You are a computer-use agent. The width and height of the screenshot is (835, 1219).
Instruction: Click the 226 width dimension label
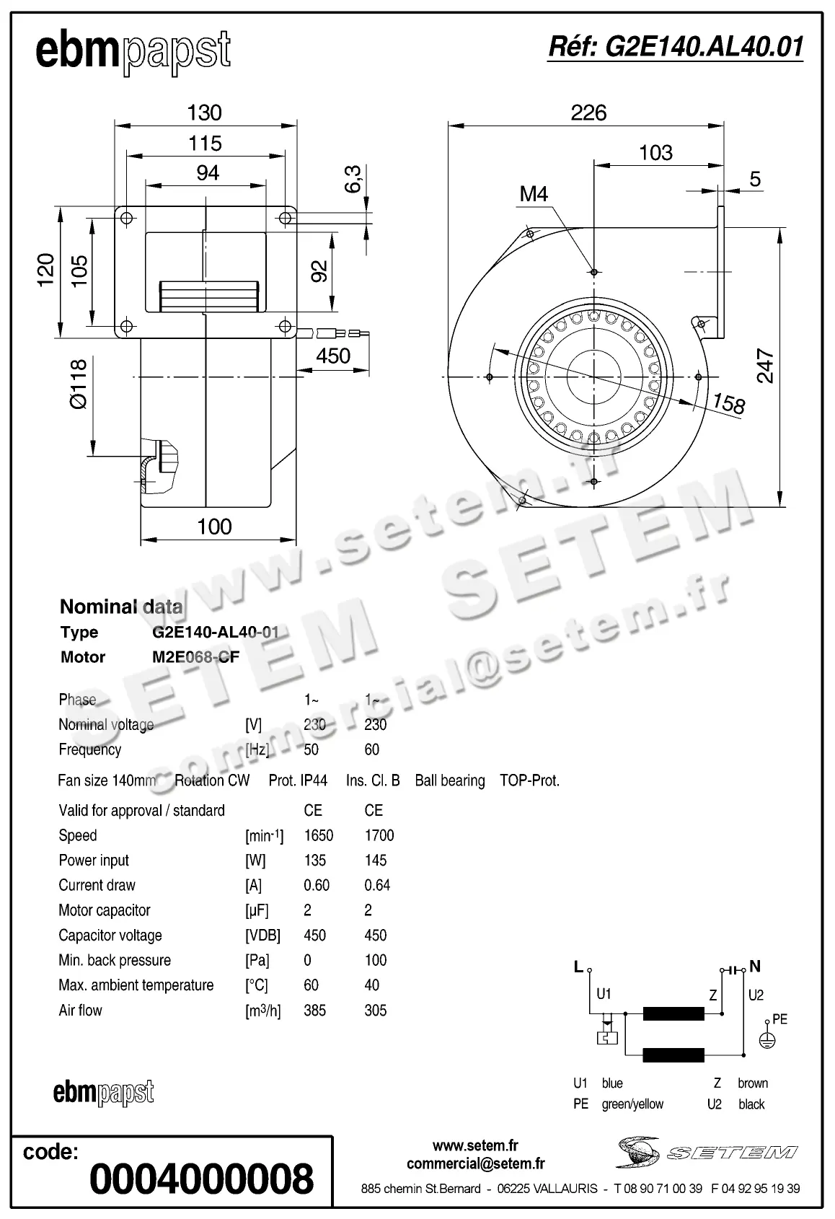click(x=588, y=113)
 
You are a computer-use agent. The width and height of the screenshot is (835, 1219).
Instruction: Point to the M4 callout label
click(x=534, y=193)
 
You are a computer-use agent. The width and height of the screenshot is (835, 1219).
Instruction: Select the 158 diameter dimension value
click(x=728, y=403)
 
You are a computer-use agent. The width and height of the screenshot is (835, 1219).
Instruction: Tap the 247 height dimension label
click(x=766, y=366)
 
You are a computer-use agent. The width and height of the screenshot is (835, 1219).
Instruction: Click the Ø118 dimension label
click(x=78, y=384)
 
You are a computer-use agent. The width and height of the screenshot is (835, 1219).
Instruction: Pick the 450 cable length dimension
click(x=332, y=356)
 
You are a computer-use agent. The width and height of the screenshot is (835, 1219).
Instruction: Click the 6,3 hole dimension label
click(x=353, y=179)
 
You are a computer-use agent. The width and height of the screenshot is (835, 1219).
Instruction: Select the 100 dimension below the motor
click(x=215, y=527)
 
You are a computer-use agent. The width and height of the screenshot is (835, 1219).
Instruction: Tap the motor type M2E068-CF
click(x=190, y=657)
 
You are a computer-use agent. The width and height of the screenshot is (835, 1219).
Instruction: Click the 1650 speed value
click(x=318, y=835)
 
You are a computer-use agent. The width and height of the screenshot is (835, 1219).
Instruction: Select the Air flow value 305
click(x=376, y=1011)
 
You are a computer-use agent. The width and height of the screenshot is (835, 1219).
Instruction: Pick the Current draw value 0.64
click(x=377, y=885)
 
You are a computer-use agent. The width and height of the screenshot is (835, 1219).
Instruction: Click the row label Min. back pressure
click(x=115, y=960)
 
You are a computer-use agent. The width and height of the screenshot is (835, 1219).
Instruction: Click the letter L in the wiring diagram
click(x=578, y=967)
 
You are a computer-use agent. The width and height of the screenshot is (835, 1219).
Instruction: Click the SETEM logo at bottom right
click(x=707, y=1152)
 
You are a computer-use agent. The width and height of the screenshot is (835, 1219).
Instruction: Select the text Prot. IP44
click(x=298, y=780)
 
